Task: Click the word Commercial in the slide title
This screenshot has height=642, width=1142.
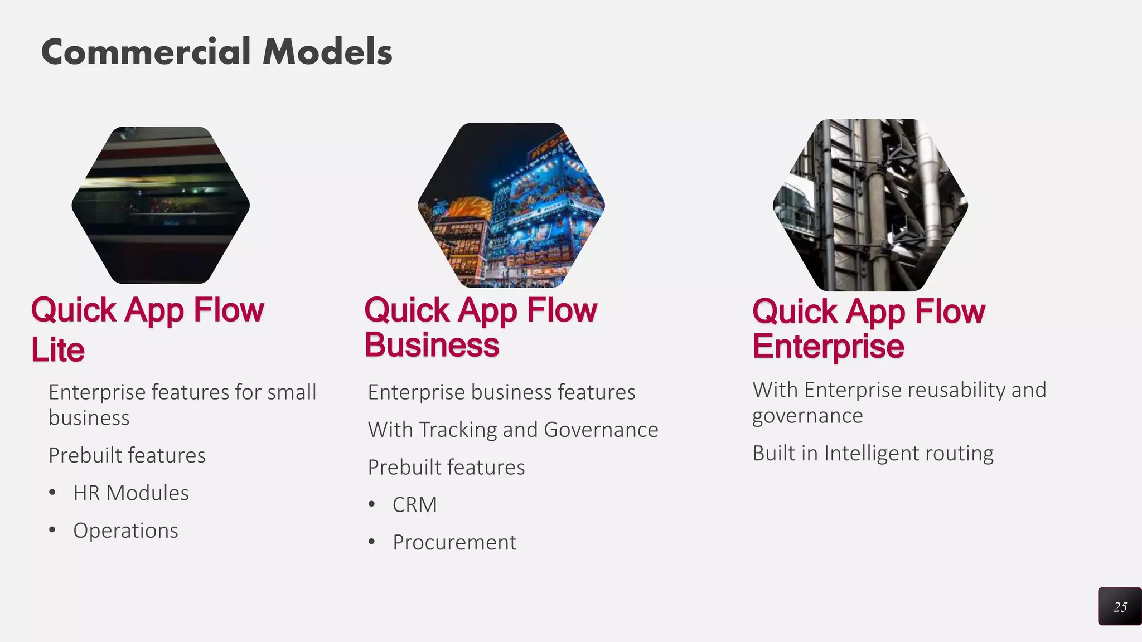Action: point(146,52)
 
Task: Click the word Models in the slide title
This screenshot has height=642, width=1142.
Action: point(327,52)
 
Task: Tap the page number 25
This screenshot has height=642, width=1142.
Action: point(1120,607)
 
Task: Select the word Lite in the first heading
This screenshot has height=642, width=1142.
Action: point(58,350)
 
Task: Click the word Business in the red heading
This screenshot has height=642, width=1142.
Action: point(432,345)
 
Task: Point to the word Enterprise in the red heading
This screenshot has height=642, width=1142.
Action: point(828,347)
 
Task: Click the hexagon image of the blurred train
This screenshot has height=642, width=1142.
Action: point(161,205)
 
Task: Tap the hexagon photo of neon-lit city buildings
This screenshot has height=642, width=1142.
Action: point(511,205)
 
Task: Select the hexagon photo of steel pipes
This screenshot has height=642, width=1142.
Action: point(870,205)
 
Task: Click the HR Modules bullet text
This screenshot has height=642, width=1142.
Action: point(131,493)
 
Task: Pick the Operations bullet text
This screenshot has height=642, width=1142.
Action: point(125,531)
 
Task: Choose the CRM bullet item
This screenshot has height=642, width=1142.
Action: point(415,505)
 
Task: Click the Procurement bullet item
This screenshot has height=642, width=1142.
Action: point(454,542)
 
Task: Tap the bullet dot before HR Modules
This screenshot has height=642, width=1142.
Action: point(52,492)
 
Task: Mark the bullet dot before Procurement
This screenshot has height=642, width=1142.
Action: point(372,541)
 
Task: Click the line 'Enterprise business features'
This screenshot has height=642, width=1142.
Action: point(501,392)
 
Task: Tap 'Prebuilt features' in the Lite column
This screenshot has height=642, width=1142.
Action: point(127,455)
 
